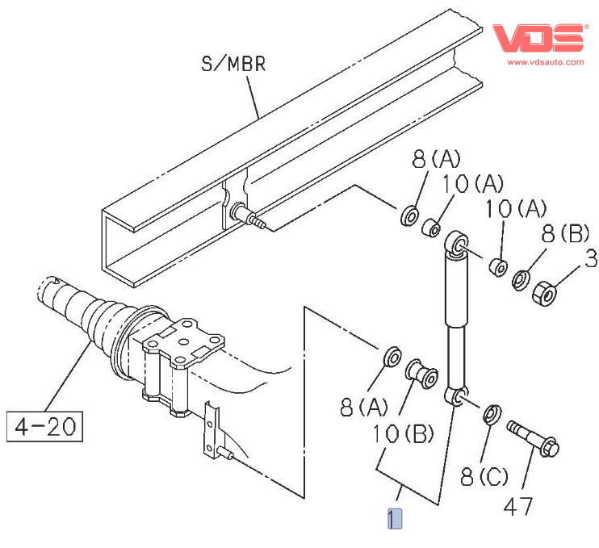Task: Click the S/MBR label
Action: (x=233, y=64)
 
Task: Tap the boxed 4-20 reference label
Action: (x=44, y=427)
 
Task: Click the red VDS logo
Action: (x=538, y=38)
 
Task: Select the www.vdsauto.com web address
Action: (x=546, y=62)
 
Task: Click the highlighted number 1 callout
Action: (x=395, y=519)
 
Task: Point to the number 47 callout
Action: (x=518, y=507)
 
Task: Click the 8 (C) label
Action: (x=484, y=476)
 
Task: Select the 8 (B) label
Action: (x=565, y=233)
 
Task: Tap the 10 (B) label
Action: (x=403, y=434)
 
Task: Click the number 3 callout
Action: (x=592, y=258)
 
